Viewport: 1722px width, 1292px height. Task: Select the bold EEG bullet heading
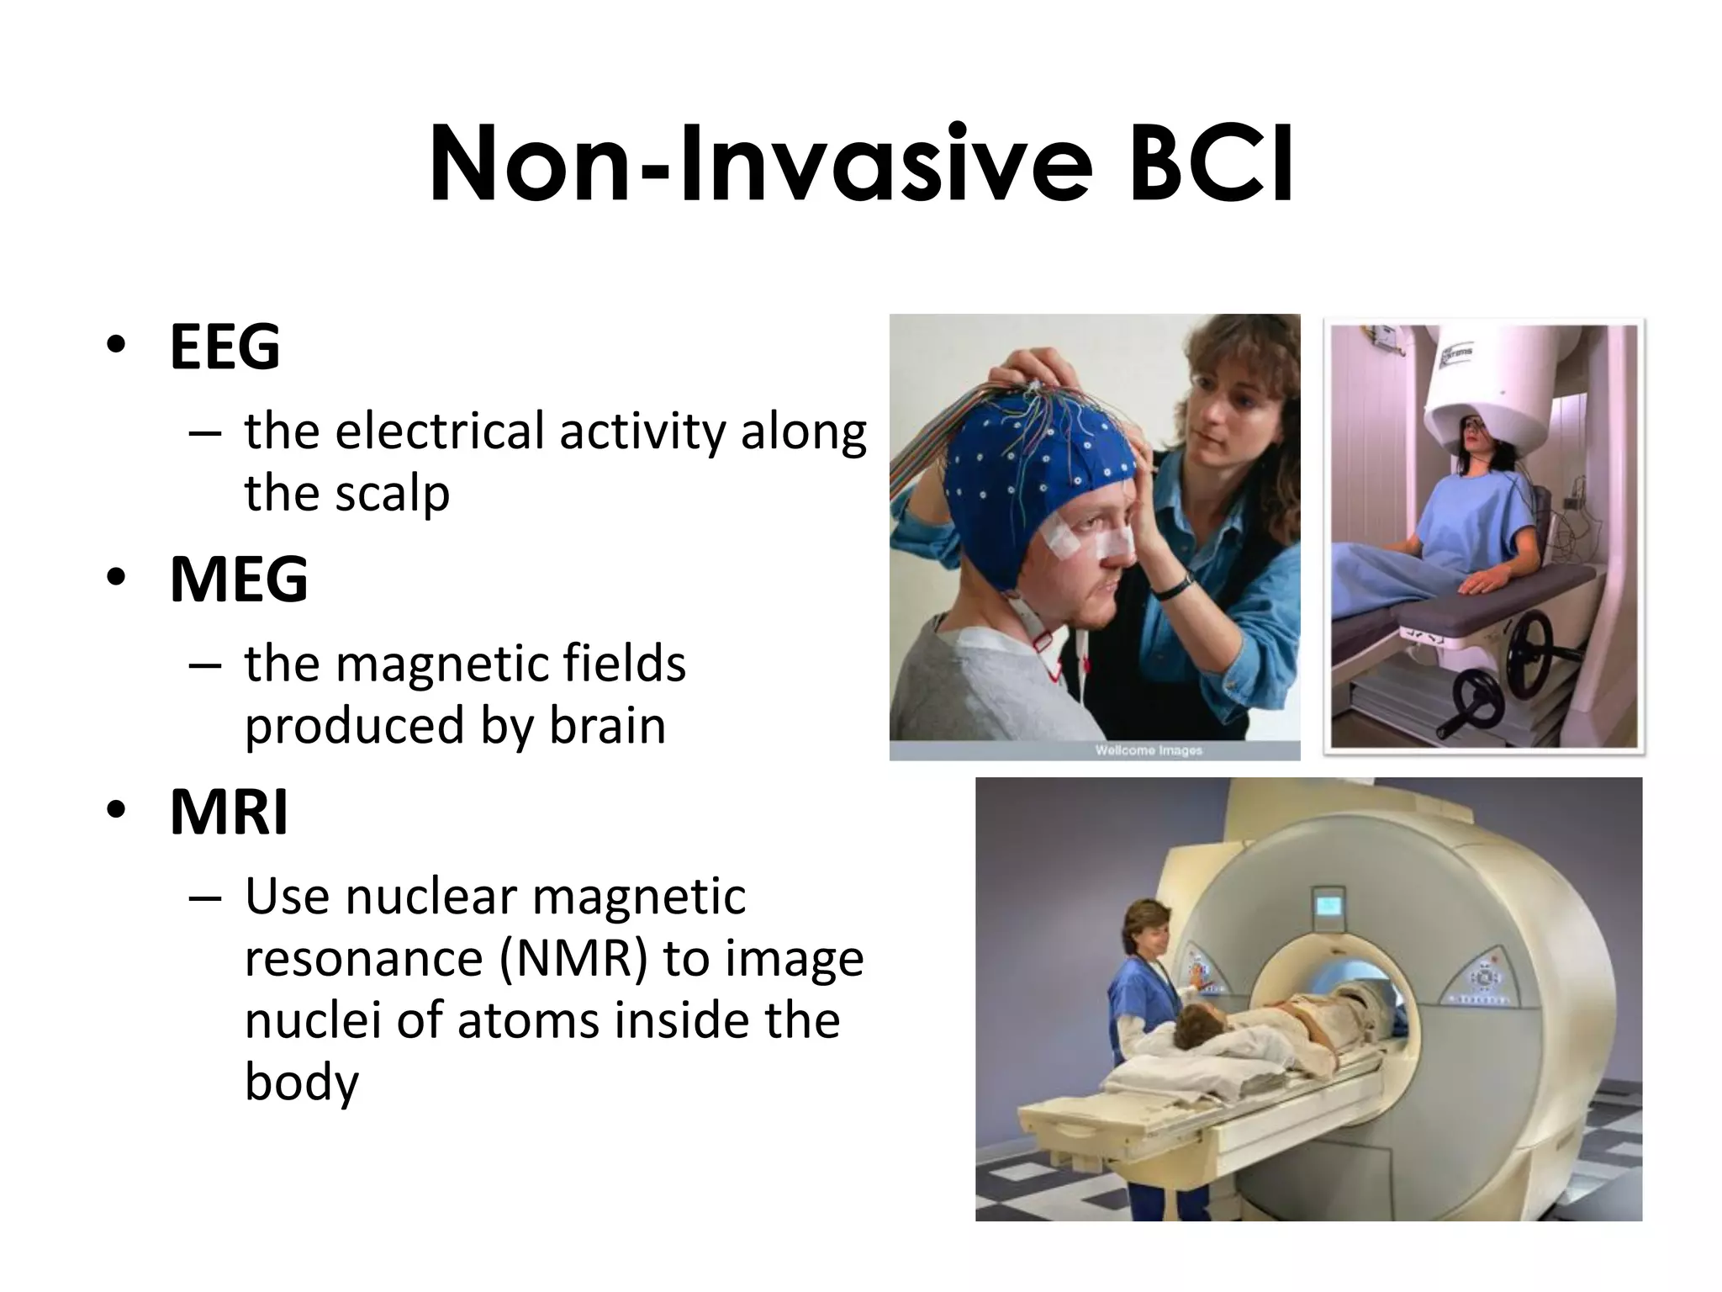[224, 347]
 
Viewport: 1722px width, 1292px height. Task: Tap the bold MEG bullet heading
[239, 580]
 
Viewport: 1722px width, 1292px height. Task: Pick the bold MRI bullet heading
[229, 813]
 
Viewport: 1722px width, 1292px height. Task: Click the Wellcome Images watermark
[1148, 750]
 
